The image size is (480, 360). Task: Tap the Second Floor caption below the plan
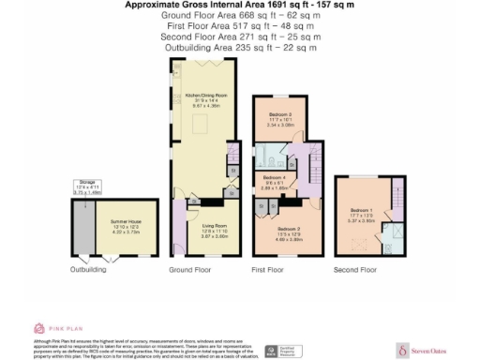(x=356, y=270)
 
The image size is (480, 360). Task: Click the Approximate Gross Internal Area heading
(x=240, y=6)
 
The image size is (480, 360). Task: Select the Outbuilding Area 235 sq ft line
(x=240, y=46)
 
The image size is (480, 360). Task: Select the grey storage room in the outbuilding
(x=86, y=228)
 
